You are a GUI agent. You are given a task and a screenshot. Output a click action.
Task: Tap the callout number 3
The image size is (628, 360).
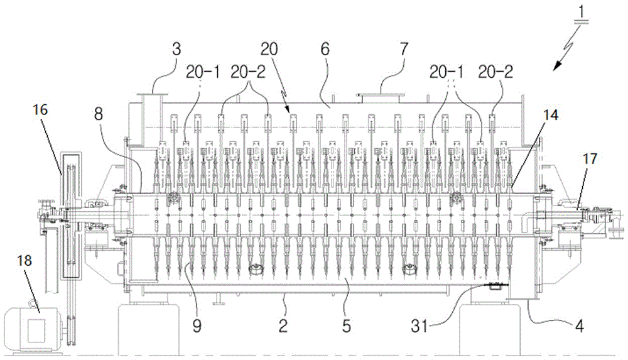coord(176,50)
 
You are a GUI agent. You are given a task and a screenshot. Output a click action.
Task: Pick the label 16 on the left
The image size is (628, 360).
coord(40,109)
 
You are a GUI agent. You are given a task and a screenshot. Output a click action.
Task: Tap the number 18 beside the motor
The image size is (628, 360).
coord(24,261)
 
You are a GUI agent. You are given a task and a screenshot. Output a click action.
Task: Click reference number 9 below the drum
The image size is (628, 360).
coord(197,325)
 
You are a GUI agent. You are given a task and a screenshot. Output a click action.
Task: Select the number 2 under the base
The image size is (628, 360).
coord(283,325)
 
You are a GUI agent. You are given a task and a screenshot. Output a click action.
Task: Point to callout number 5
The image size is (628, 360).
coord(347,325)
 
